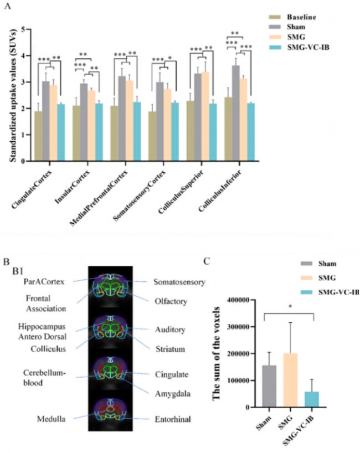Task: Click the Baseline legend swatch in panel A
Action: tap(275, 17)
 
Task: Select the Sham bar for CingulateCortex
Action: tap(46, 121)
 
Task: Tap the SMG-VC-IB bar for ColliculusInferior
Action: tap(251, 132)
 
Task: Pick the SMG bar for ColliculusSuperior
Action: tap(205, 116)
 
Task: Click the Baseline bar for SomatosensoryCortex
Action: tap(152, 136)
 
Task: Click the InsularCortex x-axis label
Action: tap(73, 187)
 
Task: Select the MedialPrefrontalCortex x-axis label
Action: tap(99, 198)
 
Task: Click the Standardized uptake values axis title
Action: tap(13, 95)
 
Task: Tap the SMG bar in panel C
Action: tap(290, 380)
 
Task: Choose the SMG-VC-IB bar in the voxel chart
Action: tap(312, 399)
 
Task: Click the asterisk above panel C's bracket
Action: tap(290, 306)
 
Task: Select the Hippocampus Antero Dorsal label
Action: tap(42, 332)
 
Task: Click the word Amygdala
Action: tap(172, 394)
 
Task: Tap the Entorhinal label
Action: tap(173, 419)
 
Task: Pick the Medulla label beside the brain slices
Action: tap(51, 419)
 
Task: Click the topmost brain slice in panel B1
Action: tap(110, 286)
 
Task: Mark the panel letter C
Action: tap(207, 261)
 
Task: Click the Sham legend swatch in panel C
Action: tap(306, 264)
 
